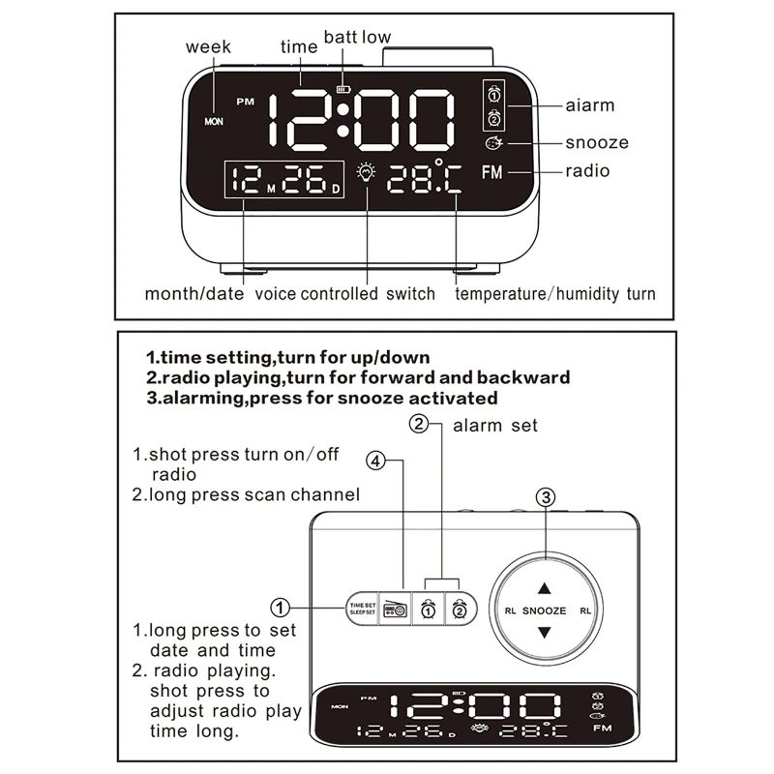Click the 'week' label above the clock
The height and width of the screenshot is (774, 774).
click(208, 46)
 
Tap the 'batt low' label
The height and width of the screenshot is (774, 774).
click(357, 38)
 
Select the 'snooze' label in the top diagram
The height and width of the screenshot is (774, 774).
click(597, 143)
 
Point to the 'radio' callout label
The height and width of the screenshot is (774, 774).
click(588, 171)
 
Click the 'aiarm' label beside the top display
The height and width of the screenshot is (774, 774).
click(590, 105)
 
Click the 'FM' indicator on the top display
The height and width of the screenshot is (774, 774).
click(492, 172)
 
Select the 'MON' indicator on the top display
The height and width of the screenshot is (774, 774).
click(214, 123)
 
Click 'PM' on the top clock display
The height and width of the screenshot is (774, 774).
click(243, 100)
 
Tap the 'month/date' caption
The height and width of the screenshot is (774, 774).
click(194, 293)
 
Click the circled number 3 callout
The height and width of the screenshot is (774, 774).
click(546, 498)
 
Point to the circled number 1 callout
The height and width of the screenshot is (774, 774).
click(280, 609)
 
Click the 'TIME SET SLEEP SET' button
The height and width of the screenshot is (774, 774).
click(362, 609)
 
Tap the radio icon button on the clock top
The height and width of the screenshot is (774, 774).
click(396, 609)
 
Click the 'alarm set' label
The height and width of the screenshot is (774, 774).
click(495, 425)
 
